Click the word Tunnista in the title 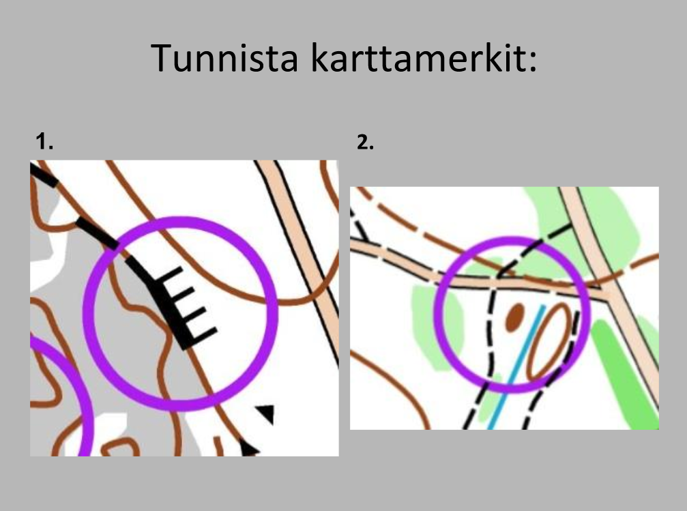(224, 57)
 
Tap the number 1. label (44, 141)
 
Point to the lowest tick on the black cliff (204, 335)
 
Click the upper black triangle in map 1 (266, 413)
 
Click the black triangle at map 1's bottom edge (249, 450)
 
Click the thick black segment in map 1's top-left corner (44, 175)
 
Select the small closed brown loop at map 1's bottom (121, 448)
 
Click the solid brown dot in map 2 (515, 317)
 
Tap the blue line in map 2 (516, 367)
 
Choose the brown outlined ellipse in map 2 (549, 340)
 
